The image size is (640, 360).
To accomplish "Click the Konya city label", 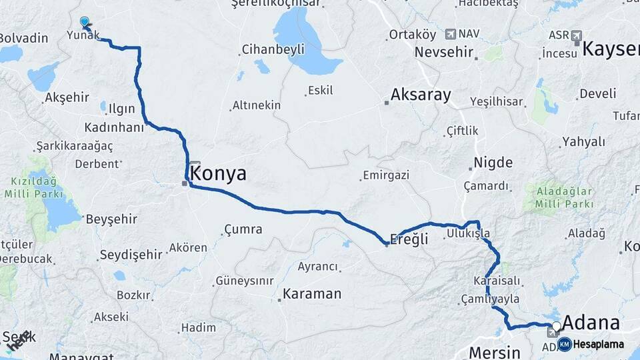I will pos(218,174).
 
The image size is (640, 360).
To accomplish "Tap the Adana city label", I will pos(591,323).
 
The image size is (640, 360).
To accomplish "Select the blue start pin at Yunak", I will pos(84,22).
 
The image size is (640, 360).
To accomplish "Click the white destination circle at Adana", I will pos(557,326).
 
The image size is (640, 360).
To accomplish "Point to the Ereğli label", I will pos(409,239).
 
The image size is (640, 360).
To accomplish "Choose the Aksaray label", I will pos(421,95).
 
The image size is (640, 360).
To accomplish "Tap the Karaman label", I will pos(312,293).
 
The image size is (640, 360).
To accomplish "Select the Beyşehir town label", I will pos(111,219).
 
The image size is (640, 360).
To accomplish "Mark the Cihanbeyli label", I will pos(273,49).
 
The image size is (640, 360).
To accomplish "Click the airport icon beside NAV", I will pos(451,34).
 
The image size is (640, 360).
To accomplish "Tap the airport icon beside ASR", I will pos(576,35).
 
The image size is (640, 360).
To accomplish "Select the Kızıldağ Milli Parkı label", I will pos(35,187).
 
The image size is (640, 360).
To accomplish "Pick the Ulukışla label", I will pos(468,233).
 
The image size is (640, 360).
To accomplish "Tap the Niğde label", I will pos(493,163).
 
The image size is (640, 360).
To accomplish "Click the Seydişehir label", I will pos(131,255).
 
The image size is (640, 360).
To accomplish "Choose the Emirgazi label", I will pos(385,175).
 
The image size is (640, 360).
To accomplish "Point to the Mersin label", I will pos(494,351).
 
